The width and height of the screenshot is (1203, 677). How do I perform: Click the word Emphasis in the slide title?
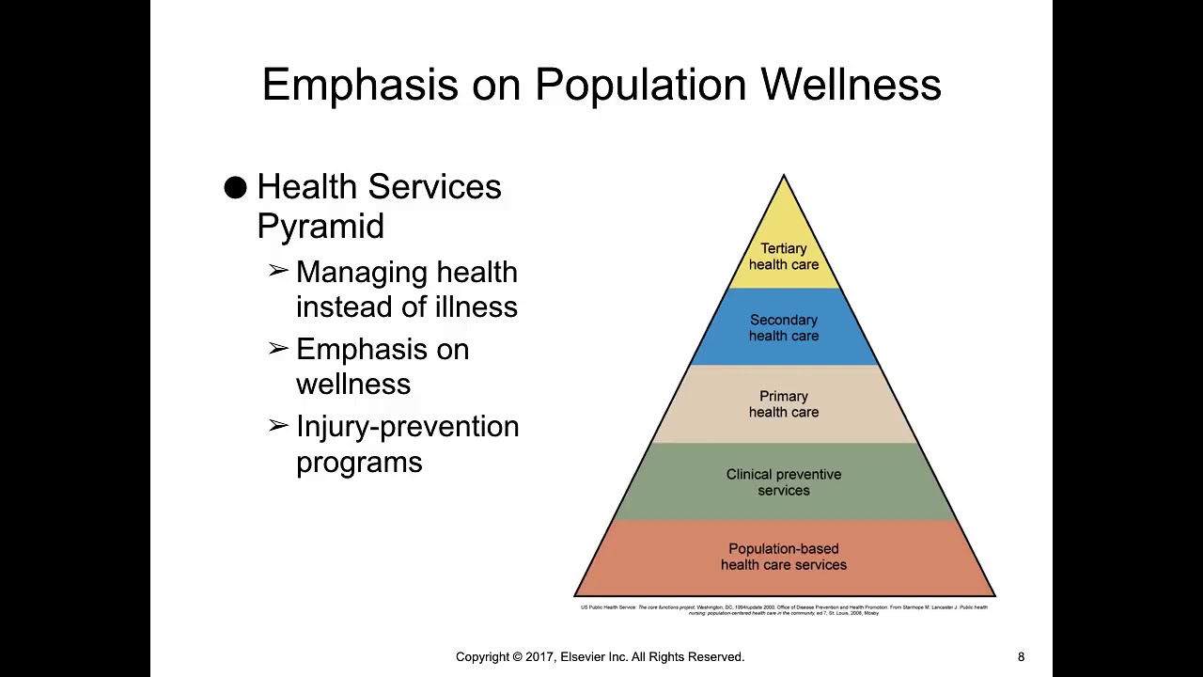point(361,85)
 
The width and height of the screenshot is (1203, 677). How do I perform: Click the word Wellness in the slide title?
point(851,85)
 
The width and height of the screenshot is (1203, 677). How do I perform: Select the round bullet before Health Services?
point(236,188)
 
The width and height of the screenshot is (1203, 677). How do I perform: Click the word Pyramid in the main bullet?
point(320,227)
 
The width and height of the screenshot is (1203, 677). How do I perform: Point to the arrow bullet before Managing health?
point(278,272)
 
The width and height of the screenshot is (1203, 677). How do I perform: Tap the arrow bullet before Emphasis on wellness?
point(278,349)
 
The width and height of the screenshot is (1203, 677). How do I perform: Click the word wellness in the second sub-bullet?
point(352,385)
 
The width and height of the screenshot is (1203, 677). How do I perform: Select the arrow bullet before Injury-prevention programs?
point(278,426)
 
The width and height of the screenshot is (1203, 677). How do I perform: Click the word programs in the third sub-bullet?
point(359,463)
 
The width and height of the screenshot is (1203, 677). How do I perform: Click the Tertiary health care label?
point(783,257)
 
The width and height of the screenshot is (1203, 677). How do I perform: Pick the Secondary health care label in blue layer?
point(783,328)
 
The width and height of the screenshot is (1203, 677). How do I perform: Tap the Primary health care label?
point(783,404)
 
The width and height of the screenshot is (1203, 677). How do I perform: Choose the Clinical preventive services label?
point(783,482)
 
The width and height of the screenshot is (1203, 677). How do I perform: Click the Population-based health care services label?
point(783,557)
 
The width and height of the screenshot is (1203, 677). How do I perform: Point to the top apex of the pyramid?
point(784,177)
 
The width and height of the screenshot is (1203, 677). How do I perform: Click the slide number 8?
point(1021,657)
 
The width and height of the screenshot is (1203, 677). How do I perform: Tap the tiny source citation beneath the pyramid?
point(784,610)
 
